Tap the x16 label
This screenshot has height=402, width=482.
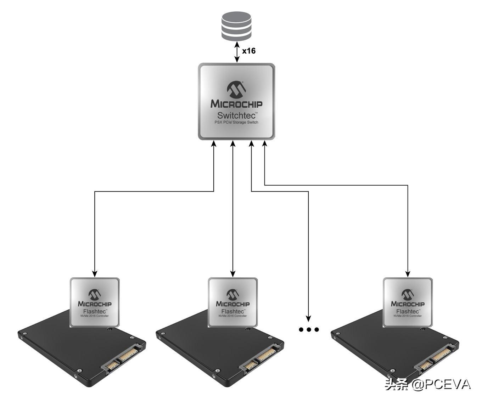point(248,51)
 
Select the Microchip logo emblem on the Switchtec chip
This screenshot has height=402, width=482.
point(236,90)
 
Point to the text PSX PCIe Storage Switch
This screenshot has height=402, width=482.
point(236,123)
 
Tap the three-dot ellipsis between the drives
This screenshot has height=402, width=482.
point(309,330)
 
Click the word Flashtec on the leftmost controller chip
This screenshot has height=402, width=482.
point(94,311)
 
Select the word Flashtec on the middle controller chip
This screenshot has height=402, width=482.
point(232,311)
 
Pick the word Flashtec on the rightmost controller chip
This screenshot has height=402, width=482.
point(408,311)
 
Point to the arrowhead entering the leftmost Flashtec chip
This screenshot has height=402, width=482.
point(95,273)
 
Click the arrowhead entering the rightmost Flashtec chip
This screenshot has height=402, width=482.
point(408,273)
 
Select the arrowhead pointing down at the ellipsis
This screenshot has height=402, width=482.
point(309,317)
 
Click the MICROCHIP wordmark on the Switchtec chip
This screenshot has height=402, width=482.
point(236,104)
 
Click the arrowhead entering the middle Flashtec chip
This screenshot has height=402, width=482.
point(233,273)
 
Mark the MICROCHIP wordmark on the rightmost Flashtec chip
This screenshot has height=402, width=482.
point(408,304)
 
